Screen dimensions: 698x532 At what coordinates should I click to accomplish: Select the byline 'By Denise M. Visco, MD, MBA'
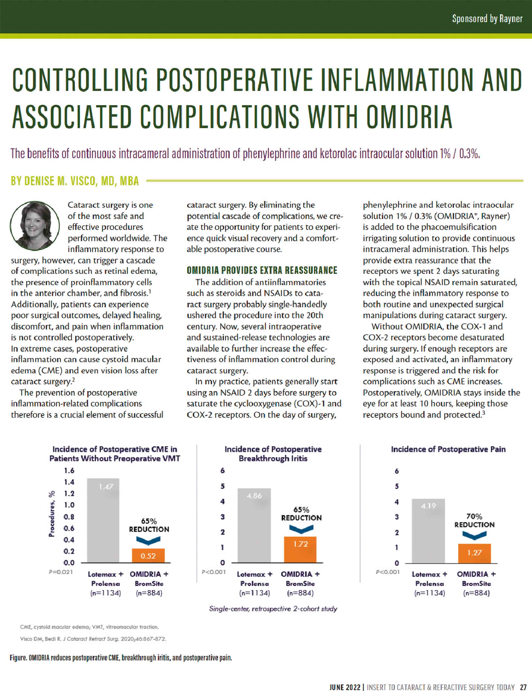pyautogui.click(x=75, y=181)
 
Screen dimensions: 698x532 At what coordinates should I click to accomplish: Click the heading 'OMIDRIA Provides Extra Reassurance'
pyautogui.click(x=262, y=270)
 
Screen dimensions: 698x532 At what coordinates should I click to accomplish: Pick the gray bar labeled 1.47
pyautogui.click(x=103, y=522)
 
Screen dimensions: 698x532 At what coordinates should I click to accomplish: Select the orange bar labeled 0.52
pyautogui.click(x=148, y=556)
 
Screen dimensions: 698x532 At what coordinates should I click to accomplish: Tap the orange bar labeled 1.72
pyautogui.click(x=300, y=550)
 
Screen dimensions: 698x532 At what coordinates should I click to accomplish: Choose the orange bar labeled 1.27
pyautogui.click(x=474, y=553)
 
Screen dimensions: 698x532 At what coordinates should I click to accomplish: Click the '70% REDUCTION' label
pyautogui.click(x=474, y=520)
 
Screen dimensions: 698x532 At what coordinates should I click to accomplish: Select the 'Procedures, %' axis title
pyautogui.click(x=52, y=513)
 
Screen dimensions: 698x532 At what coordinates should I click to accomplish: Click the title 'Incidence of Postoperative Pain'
pyautogui.click(x=448, y=449)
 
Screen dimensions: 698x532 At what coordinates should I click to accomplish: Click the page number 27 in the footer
pyautogui.click(x=523, y=687)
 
